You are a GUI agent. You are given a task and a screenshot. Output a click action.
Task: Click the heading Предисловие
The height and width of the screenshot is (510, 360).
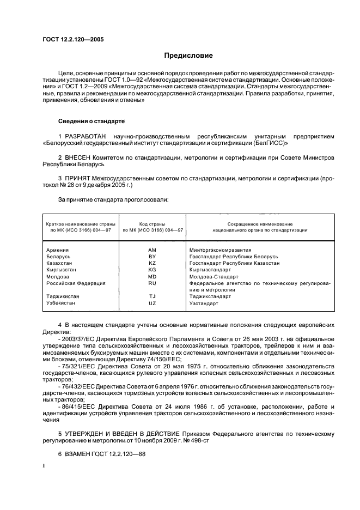[x=188, y=56]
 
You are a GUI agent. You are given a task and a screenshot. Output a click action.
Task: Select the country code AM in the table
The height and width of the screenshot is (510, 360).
[x=152, y=250]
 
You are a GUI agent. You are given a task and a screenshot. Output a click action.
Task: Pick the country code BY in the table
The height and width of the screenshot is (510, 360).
[x=152, y=256]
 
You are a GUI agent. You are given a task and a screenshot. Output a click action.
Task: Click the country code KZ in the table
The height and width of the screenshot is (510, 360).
[x=152, y=263]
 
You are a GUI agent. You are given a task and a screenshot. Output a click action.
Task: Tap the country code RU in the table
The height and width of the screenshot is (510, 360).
[x=152, y=283]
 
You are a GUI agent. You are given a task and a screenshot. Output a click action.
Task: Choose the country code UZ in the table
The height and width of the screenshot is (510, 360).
[x=152, y=303]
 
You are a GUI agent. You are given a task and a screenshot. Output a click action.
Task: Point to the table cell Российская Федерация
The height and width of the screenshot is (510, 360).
[x=75, y=283]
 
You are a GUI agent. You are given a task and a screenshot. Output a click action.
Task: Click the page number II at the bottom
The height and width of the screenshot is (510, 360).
[x=45, y=467]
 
